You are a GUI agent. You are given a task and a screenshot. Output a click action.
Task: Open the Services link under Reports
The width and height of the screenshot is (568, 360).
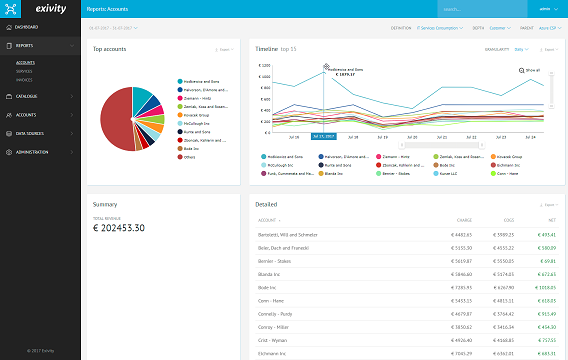pyautogui.click(x=24, y=69)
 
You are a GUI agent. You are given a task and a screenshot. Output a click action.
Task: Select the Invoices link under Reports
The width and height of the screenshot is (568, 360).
pyautogui.click(x=24, y=77)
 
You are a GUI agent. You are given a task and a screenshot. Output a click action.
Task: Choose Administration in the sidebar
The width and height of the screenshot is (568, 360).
pyautogui.click(x=33, y=152)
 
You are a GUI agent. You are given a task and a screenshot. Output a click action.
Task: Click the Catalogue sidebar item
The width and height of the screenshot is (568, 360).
pyautogui.click(x=27, y=96)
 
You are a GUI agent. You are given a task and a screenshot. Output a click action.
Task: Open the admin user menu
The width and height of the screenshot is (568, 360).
pyautogui.click(x=544, y=9)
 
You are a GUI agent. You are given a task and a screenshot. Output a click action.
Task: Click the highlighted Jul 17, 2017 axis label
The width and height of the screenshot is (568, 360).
pyautogui.click(x=322, y=136)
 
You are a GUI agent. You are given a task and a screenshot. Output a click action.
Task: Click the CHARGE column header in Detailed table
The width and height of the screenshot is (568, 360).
pyautogui.click(x=462, y=220)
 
